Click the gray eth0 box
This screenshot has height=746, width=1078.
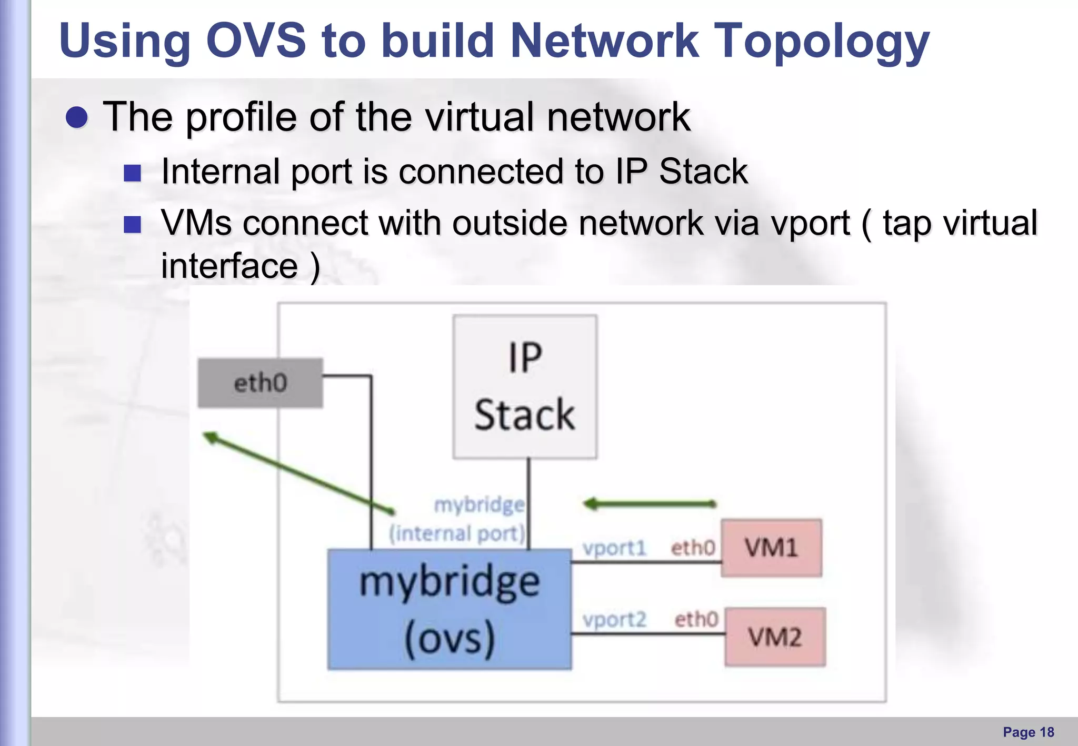coord(260,383)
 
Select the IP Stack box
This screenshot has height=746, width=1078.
coord(525,387)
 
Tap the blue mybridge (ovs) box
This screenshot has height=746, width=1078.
coord(449,609)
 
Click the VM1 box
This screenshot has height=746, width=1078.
coord(771,548)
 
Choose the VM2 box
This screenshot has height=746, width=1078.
coord(775,637)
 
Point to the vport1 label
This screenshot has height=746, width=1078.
coord(614,548)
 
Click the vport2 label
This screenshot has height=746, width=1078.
coord(614,620)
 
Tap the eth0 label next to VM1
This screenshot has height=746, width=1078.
coord(693,548)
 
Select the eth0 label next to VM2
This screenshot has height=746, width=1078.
coord(696,619)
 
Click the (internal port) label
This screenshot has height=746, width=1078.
coord(457,533)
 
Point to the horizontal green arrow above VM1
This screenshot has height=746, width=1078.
coord(650,504)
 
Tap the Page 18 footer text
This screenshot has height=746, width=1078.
coord(1028,732)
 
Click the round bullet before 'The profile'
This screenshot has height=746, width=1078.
coord(77,117)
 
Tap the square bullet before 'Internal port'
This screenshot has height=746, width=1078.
coord(132,173)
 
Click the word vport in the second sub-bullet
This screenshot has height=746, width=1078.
coord(811,223)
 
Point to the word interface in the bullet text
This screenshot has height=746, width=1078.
coord(229,266)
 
